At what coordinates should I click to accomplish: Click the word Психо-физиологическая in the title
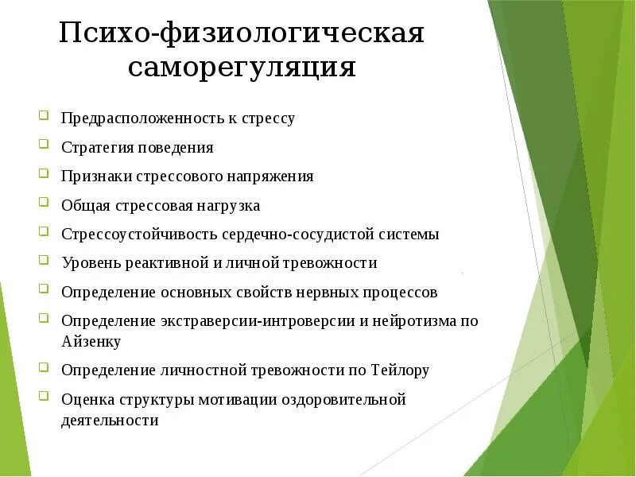[242, 33]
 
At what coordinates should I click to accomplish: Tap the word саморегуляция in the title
[242, 67]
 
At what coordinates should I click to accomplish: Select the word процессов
[401, 292]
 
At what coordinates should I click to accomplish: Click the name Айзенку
[91, 342]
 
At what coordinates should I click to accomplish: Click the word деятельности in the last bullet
[110, 421]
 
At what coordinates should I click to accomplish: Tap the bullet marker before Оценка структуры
[44, 397]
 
